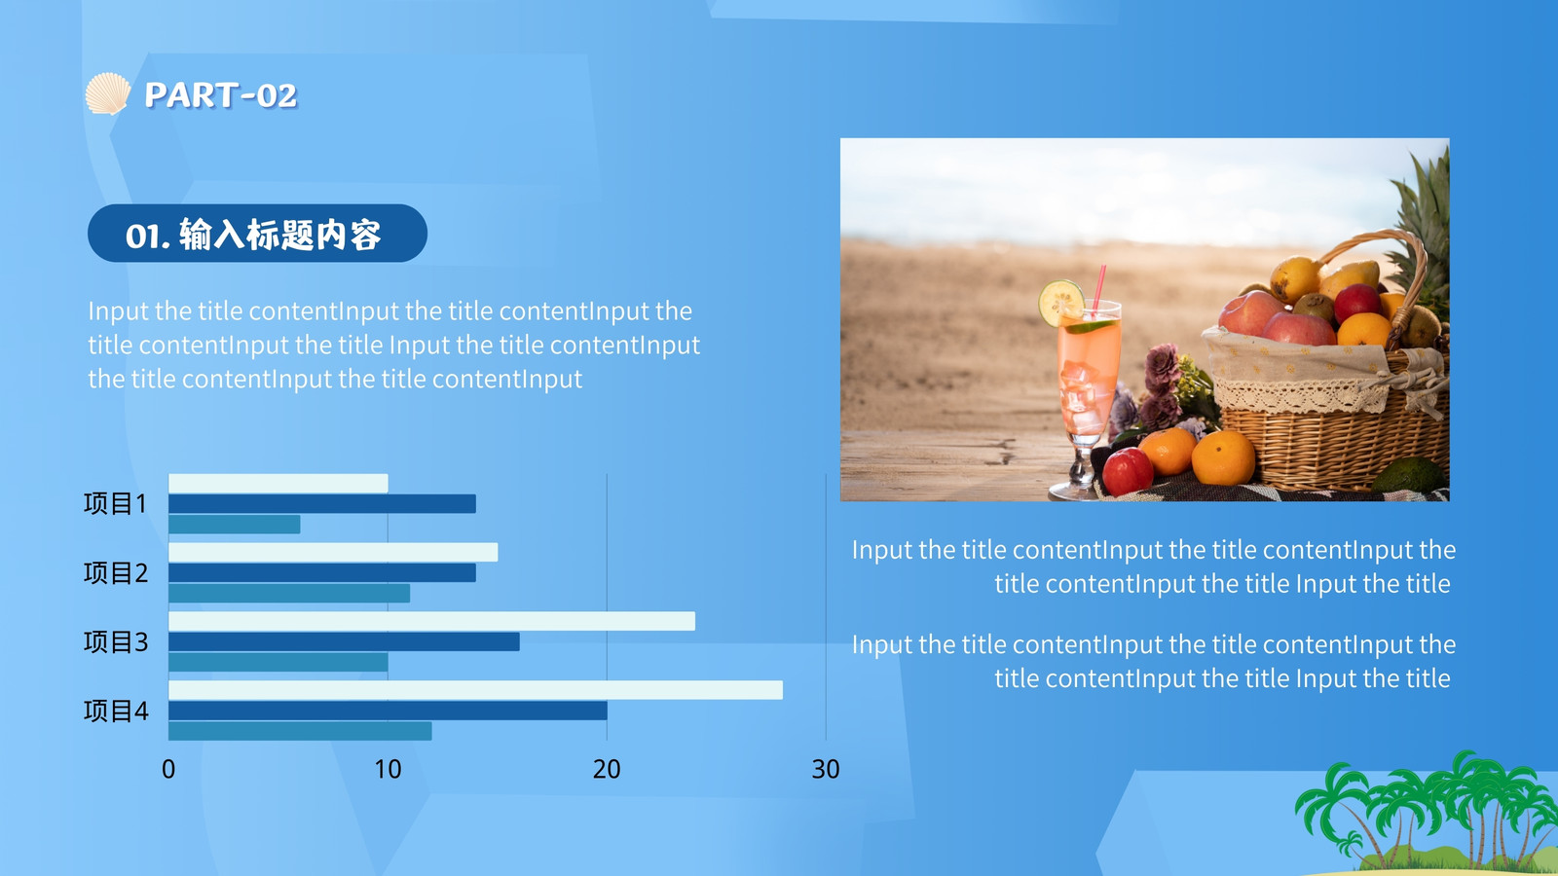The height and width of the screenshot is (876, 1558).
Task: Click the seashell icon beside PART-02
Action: click(x=108, y=93)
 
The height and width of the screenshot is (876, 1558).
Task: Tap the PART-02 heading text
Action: click(x=220, y=95)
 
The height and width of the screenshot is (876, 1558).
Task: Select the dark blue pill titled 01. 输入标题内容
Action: click(x=257, y=233)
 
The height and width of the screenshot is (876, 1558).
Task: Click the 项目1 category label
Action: click(x=116, y=503)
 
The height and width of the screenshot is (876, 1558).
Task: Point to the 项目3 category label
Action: click(x=116, y=641)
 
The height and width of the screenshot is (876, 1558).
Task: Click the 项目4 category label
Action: click(x=116, y=711)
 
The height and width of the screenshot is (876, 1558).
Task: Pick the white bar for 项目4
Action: click(x=476, y=690)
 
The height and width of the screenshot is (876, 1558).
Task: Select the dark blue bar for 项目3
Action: click(x=344, y=641)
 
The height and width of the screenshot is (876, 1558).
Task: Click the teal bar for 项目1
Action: click(x=235, y=525)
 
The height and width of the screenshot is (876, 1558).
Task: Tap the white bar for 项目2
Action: click(x=333, y=552)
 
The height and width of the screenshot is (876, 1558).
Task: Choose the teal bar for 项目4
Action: click(x=300, y=731)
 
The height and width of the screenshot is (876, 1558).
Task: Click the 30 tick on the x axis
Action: click(x=826, y=769)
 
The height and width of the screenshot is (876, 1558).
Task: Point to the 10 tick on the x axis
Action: click(x=388, y=769)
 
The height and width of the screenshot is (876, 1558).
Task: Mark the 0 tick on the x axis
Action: click(x=168, y=769)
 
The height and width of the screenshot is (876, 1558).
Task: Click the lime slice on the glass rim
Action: click(x=1061, y=303)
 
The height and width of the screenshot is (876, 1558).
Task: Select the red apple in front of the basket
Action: click(x=1128, y=471)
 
